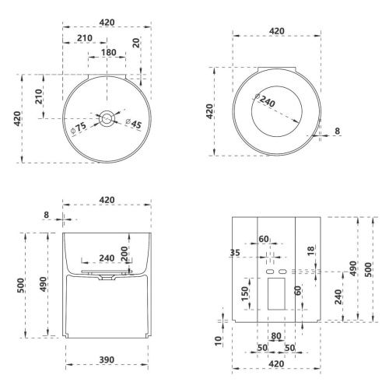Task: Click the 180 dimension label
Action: pos(108,52)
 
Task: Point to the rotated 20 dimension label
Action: pos(136,42)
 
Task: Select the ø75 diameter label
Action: pos(79,128)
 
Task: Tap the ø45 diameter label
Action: pos(134,124)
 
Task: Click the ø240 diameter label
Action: pos(265,100)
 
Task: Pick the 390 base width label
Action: pos(107,359)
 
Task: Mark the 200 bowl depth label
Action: pos(124,254)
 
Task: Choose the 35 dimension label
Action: pos(235,252)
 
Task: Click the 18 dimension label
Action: pos(310,251)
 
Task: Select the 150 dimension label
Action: pos(245,294)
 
